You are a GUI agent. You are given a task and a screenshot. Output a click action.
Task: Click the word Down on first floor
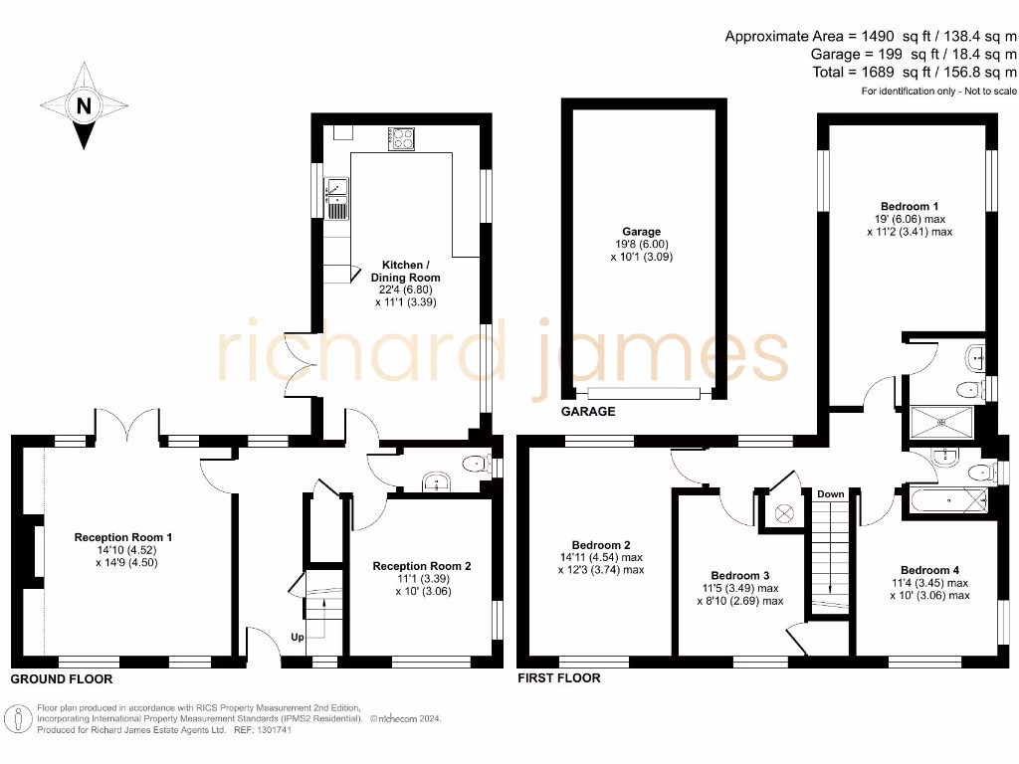pos(830,493)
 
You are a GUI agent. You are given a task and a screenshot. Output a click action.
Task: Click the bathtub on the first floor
pos(946,503)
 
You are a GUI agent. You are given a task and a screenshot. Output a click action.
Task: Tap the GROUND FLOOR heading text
pos(62,679)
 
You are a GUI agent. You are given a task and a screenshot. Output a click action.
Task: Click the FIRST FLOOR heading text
pos(559,678)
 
